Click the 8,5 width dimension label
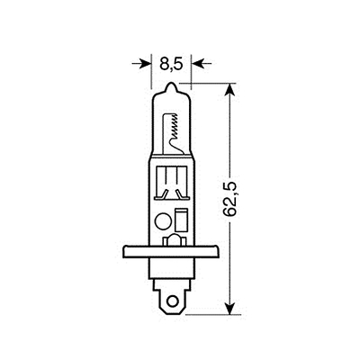(x=171, y=64)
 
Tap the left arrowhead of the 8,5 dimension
(x=146, y=63)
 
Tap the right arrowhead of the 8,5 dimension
(x=196, y=63)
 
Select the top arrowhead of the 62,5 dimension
(x=229, y=89)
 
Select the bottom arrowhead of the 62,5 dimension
(x=229, y=309)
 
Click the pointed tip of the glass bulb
(x=171, y=83)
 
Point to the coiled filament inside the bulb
(x=175, y=125)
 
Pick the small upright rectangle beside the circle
(x=180, y=220)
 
